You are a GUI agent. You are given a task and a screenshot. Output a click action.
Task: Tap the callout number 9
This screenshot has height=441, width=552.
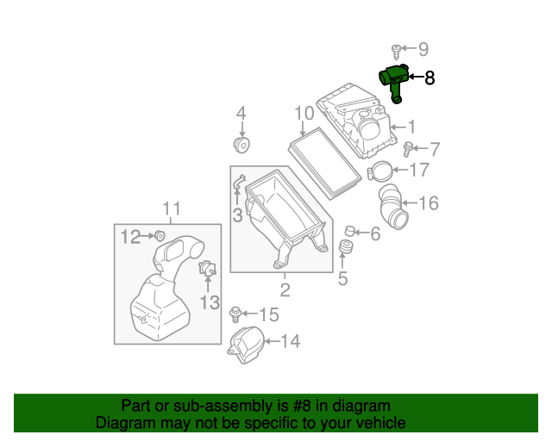click(423, 49)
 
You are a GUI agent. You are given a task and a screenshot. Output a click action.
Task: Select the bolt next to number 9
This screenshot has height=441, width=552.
click(398, 50)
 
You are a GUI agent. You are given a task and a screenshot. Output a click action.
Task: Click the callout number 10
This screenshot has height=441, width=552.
click(303, 113)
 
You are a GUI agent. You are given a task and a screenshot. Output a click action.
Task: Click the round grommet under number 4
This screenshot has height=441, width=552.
click(241, 142)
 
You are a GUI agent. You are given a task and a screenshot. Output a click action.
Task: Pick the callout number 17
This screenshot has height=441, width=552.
click(418, 170)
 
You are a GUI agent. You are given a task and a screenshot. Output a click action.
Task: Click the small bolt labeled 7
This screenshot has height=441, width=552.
click(411, 150)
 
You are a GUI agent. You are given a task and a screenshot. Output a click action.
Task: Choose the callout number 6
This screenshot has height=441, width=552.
click(375, 233)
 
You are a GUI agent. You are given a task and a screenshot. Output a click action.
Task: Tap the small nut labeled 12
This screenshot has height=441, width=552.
click(160, 235)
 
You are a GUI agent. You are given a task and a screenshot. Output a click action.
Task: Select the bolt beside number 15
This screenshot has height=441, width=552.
click(235, 314)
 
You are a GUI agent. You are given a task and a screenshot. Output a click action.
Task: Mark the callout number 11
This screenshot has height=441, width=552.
click(172, 208)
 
